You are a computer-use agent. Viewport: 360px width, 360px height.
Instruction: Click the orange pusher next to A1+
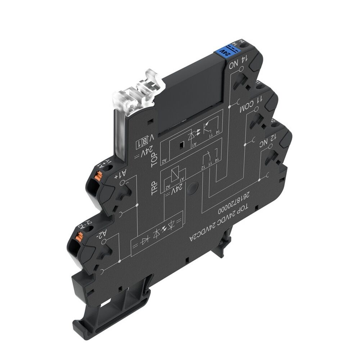coord(99,176)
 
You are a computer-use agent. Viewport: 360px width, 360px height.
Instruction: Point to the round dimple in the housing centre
coord(193,187)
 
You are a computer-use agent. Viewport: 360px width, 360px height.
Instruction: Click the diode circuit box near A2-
coord(157,236)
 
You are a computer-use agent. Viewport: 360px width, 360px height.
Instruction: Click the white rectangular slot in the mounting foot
coord(105,304)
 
